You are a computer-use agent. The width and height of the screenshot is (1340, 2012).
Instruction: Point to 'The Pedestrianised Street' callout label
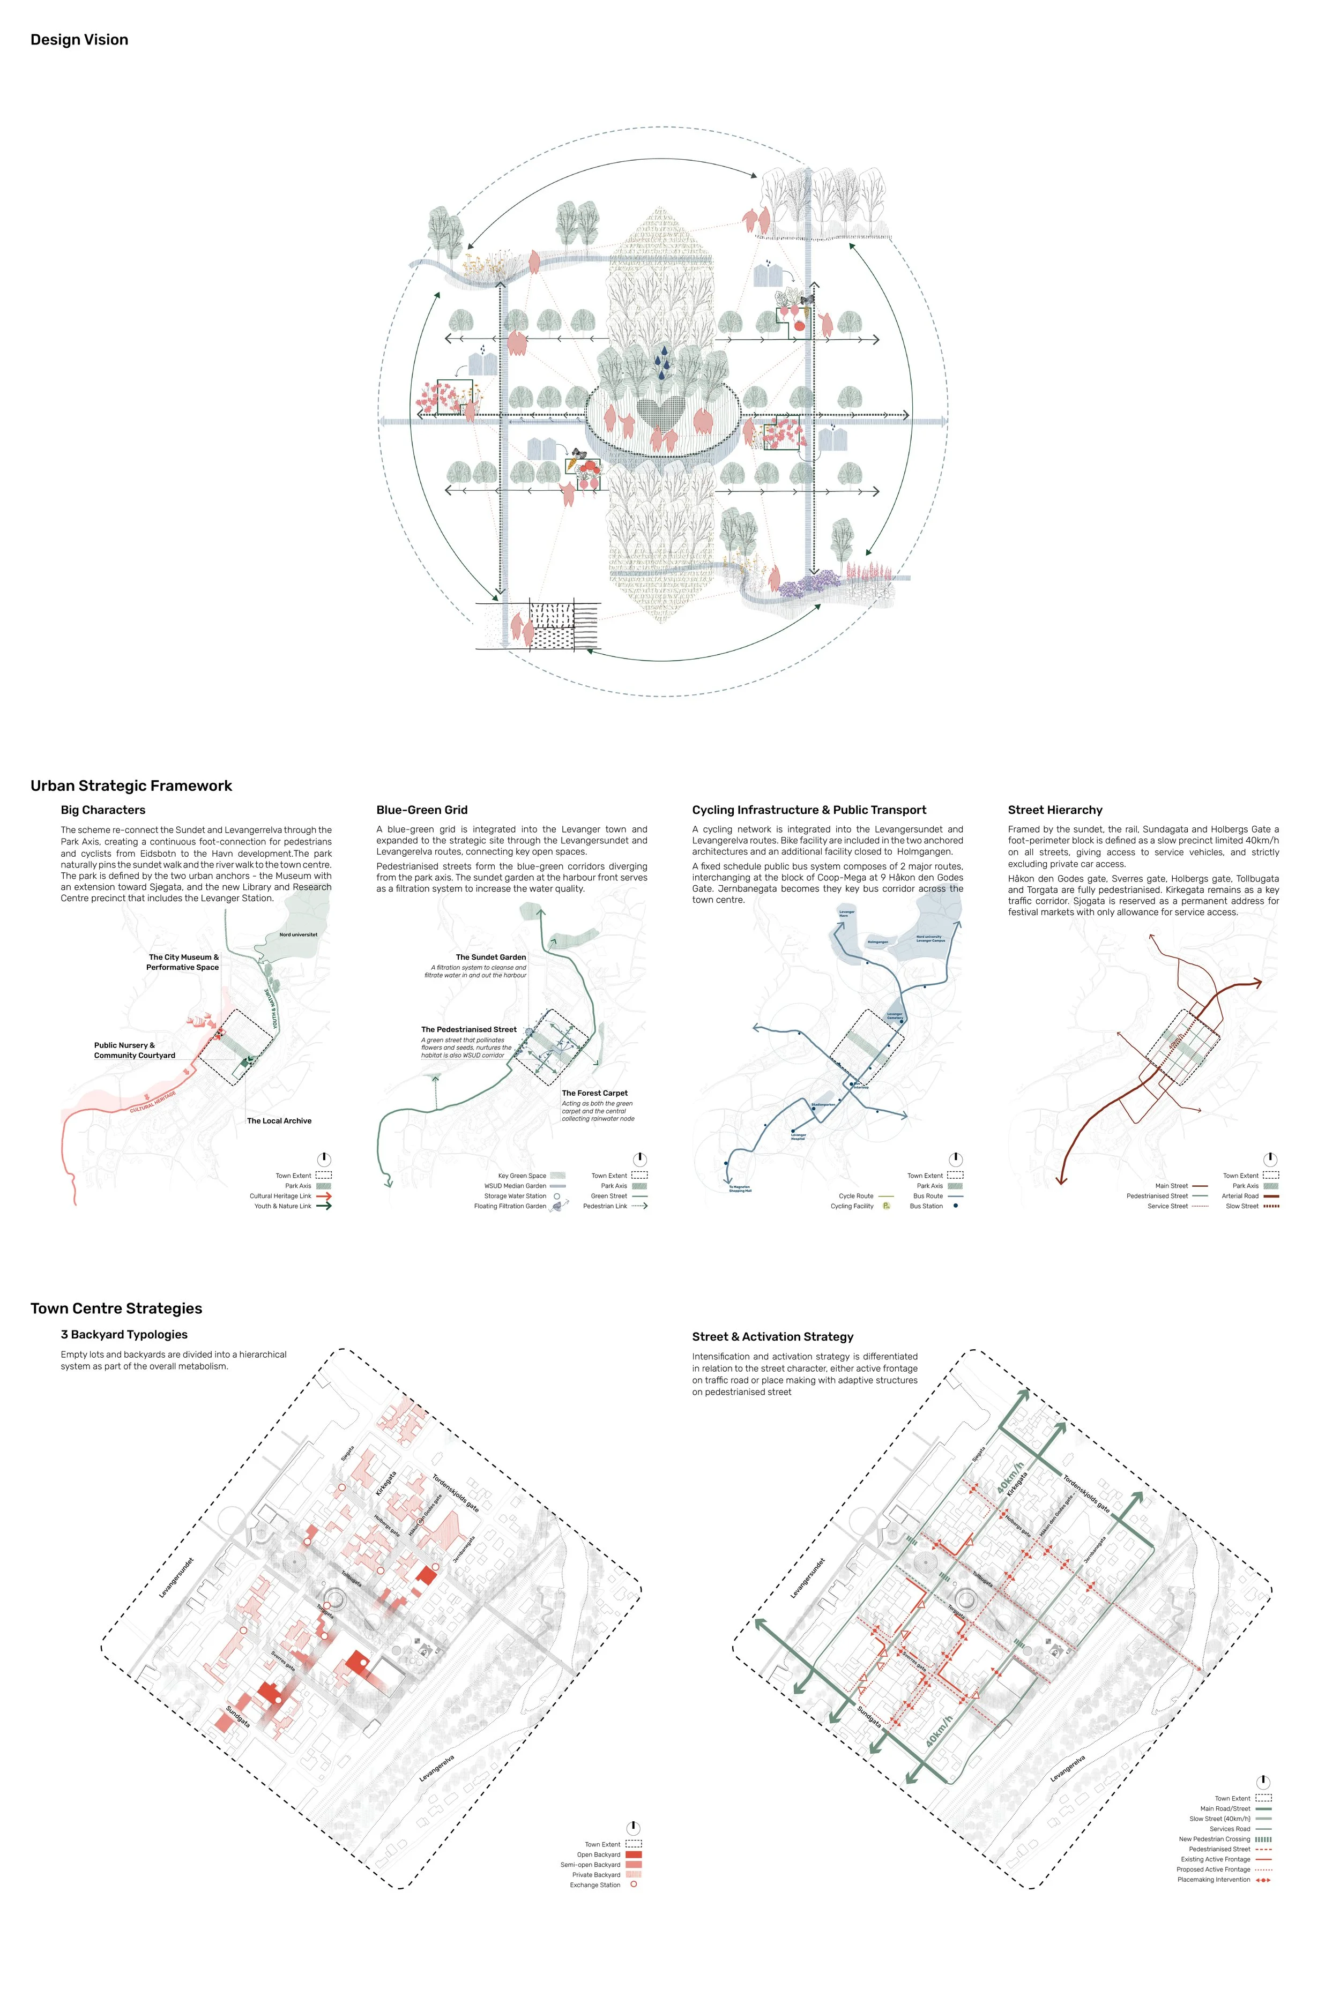pyautogui.click(x=468, y=1029)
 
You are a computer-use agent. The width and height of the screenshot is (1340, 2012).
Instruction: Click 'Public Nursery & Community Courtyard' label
pyautogui.click(x=134, y=1050)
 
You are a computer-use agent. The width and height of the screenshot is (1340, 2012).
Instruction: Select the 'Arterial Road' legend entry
pyautogui.click(x=1240, y=1196)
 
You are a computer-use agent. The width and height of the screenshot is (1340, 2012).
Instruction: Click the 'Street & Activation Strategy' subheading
pyautogui.click(x=772, y=1337)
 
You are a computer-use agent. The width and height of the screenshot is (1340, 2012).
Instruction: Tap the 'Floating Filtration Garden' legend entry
pyautogui.click(x=509, y=1206)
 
